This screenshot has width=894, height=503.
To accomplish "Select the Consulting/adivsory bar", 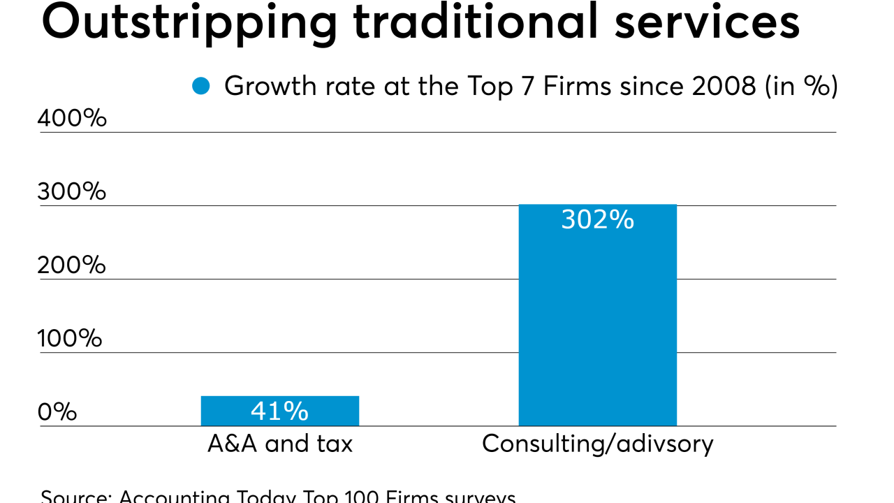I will [x=597, y=314].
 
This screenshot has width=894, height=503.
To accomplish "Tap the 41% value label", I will [x=279, y=411].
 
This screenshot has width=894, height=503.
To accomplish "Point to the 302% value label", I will [x=597, y=219].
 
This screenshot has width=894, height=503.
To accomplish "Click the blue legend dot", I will [x=201, y=87].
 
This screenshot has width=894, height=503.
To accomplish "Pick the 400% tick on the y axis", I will [x=72, y=118].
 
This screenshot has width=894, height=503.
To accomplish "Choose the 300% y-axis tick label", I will [x=72, y=191].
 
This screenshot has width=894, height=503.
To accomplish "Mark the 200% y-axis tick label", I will [x=72, y=265].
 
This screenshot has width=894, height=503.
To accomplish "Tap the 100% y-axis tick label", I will [x=70, y=339].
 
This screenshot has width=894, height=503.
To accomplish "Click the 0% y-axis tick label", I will [x=57, y=411].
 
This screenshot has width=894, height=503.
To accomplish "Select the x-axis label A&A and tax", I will [x=279, y=444].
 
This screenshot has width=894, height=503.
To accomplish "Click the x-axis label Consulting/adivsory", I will [x=597, y=444].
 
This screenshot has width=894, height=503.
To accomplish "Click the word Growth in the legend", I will [x=266, y=87].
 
